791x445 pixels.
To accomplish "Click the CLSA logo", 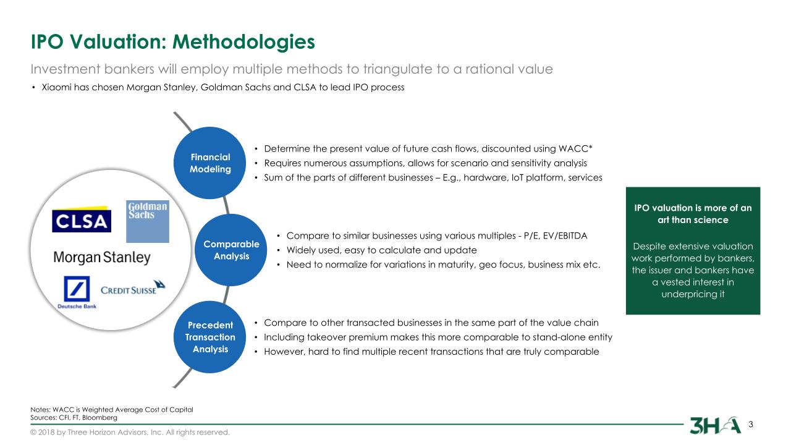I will [82, 220].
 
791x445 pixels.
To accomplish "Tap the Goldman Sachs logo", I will [147, 221].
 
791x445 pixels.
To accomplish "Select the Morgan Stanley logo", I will [102, 257].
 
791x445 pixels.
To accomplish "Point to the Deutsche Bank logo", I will [77, 292].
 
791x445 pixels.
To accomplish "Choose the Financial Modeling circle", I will [210, 163].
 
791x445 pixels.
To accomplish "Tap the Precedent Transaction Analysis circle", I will [210, 337].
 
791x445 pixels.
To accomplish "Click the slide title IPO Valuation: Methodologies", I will [173, 41].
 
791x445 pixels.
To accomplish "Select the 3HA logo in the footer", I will [715, 425].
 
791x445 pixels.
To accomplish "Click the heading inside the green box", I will [693, 213].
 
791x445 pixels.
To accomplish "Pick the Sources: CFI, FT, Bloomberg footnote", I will [74, 418].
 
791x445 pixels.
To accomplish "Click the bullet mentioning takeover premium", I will [438, 337].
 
